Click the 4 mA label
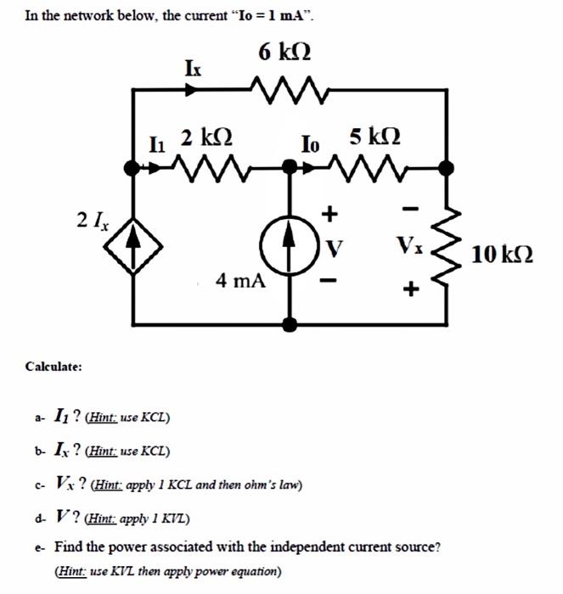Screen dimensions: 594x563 (x=239, y=280)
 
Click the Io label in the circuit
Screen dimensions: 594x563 (x=309, y=143)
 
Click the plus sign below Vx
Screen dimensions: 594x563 (x=410, y=289)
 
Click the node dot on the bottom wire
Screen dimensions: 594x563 (x=290, y=325)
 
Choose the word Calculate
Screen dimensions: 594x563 (x=53, y=367)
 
